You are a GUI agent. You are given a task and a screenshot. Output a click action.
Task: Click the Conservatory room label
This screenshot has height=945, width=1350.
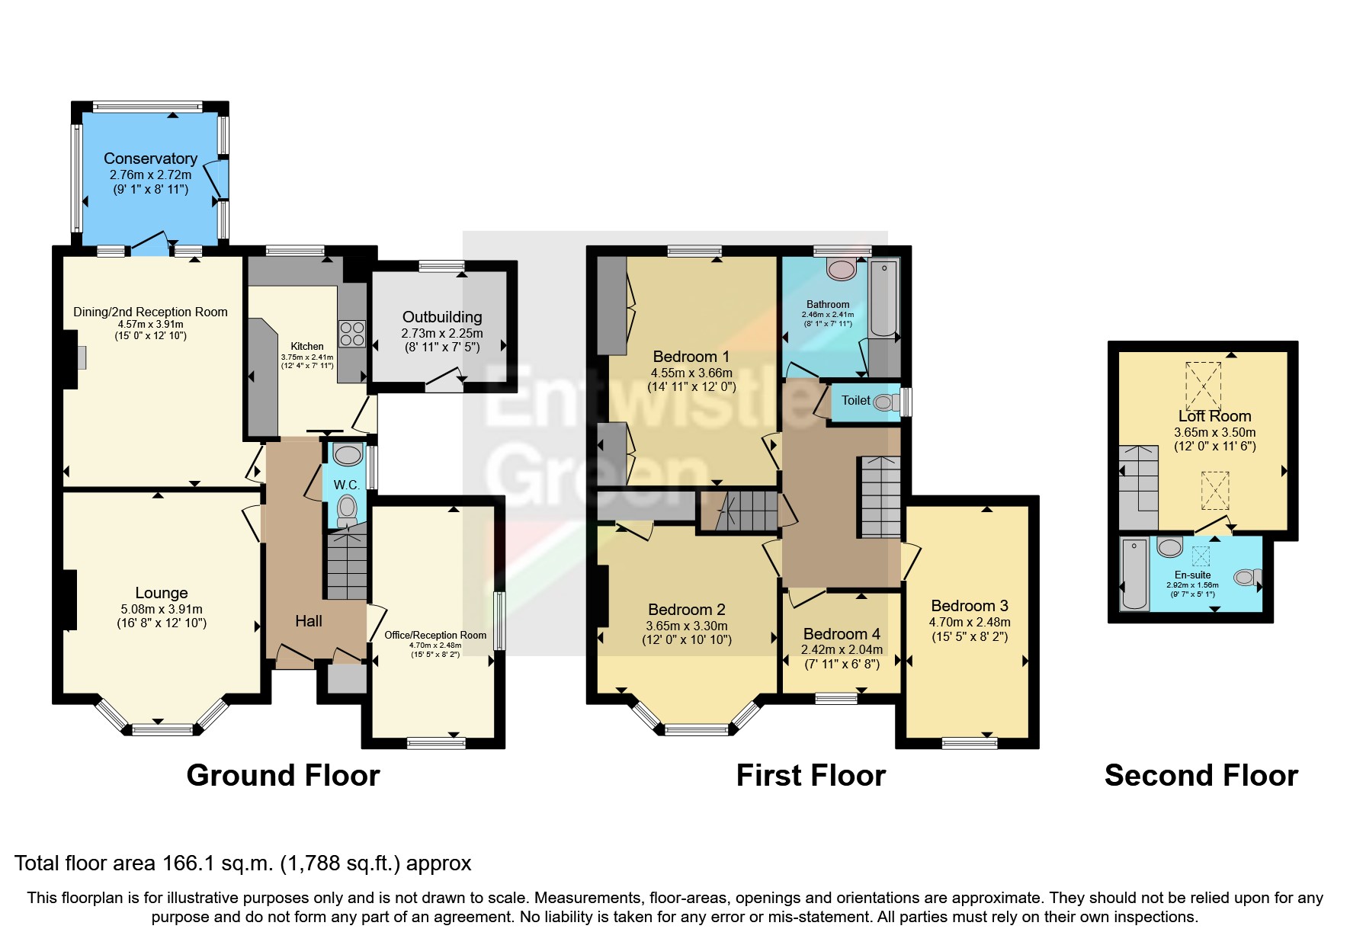tap(150, 159)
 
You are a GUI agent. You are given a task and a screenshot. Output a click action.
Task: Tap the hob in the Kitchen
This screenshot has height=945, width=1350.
tap(352, 333)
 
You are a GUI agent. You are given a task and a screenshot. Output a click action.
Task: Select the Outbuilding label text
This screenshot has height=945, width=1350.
tap(442, 317)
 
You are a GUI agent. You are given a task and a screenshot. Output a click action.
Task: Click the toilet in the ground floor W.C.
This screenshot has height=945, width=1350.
tap(347, 508)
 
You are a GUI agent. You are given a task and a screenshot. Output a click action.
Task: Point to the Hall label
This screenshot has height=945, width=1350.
tap(309, 621)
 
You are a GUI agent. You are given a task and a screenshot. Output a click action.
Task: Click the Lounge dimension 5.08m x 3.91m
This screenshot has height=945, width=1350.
tap(162, 609)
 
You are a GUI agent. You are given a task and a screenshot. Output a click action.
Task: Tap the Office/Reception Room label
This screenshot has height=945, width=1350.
tap(435, 635)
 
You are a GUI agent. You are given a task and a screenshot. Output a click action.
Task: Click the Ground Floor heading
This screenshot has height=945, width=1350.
tap(283, 775)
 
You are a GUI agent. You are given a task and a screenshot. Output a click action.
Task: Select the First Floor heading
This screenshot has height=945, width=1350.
tap(810, 775)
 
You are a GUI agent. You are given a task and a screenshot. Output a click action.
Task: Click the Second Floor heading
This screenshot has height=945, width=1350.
tap(1201, 775)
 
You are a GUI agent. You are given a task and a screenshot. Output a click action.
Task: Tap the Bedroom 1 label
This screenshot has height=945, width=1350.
tap(691, 357)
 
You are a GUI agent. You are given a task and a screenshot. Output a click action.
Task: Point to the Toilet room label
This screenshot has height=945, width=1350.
tap(855, 400)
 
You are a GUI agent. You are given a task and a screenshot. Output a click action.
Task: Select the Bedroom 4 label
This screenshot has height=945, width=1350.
tap(842, 634)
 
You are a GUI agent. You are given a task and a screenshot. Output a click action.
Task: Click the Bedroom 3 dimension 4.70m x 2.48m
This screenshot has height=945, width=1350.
tap(970, 622)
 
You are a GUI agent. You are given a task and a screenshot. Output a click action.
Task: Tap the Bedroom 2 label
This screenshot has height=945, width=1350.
tap(686, 610)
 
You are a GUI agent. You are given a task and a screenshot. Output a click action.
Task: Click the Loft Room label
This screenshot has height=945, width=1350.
tap(1214, 416)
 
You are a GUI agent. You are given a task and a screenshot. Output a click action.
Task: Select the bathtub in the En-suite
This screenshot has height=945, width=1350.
tap(1135, 574)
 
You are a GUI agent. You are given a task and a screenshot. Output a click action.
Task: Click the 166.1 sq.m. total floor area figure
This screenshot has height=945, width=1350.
tap(217, 863)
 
